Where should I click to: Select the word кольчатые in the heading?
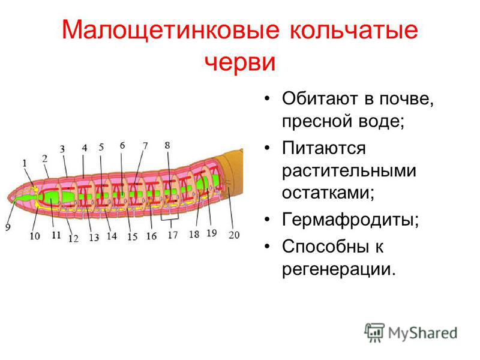[354, 30]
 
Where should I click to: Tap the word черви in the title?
[240, 62]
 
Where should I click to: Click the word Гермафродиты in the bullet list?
[350, 220]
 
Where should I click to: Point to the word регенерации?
[339, 269]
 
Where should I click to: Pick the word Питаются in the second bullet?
[324, 148]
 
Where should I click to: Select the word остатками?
[328, 193]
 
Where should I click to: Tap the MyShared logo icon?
[374, 332]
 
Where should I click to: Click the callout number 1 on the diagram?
[25, 163]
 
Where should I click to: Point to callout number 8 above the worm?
[167, 145]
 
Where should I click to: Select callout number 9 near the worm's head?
[8, 227]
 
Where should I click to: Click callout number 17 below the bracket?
[173, 235]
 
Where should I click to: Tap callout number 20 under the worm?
[234, 235]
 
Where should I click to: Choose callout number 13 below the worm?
[94, 238]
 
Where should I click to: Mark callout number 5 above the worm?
[101, 147]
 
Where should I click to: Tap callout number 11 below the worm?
[56, 235]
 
